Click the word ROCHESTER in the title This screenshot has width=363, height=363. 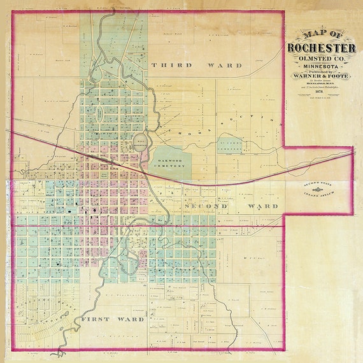pyautogui.click(x=321, y=47)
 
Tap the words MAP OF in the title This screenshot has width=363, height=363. pyautogui.click(x=321, y=34)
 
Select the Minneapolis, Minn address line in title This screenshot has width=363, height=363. pyautogui.click(x=321, y=84)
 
